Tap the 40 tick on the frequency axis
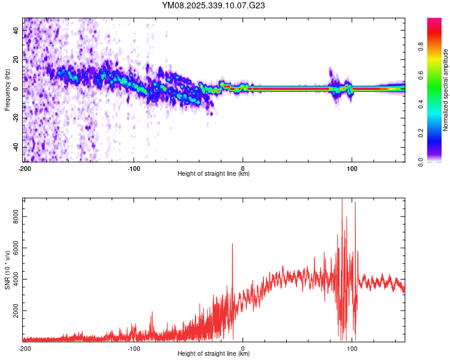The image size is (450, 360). coord(17,30)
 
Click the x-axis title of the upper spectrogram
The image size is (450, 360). coord(214,174)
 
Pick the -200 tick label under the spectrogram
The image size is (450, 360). coord(24,168)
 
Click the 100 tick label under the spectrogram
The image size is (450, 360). coord(352,168)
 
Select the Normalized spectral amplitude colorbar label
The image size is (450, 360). coord(446,89)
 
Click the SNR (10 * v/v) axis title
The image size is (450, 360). coord(7,269)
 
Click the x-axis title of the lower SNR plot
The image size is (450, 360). coord(214,354)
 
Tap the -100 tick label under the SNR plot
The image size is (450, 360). coord(133,348)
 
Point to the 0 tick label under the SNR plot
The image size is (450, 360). coord(243,348)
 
